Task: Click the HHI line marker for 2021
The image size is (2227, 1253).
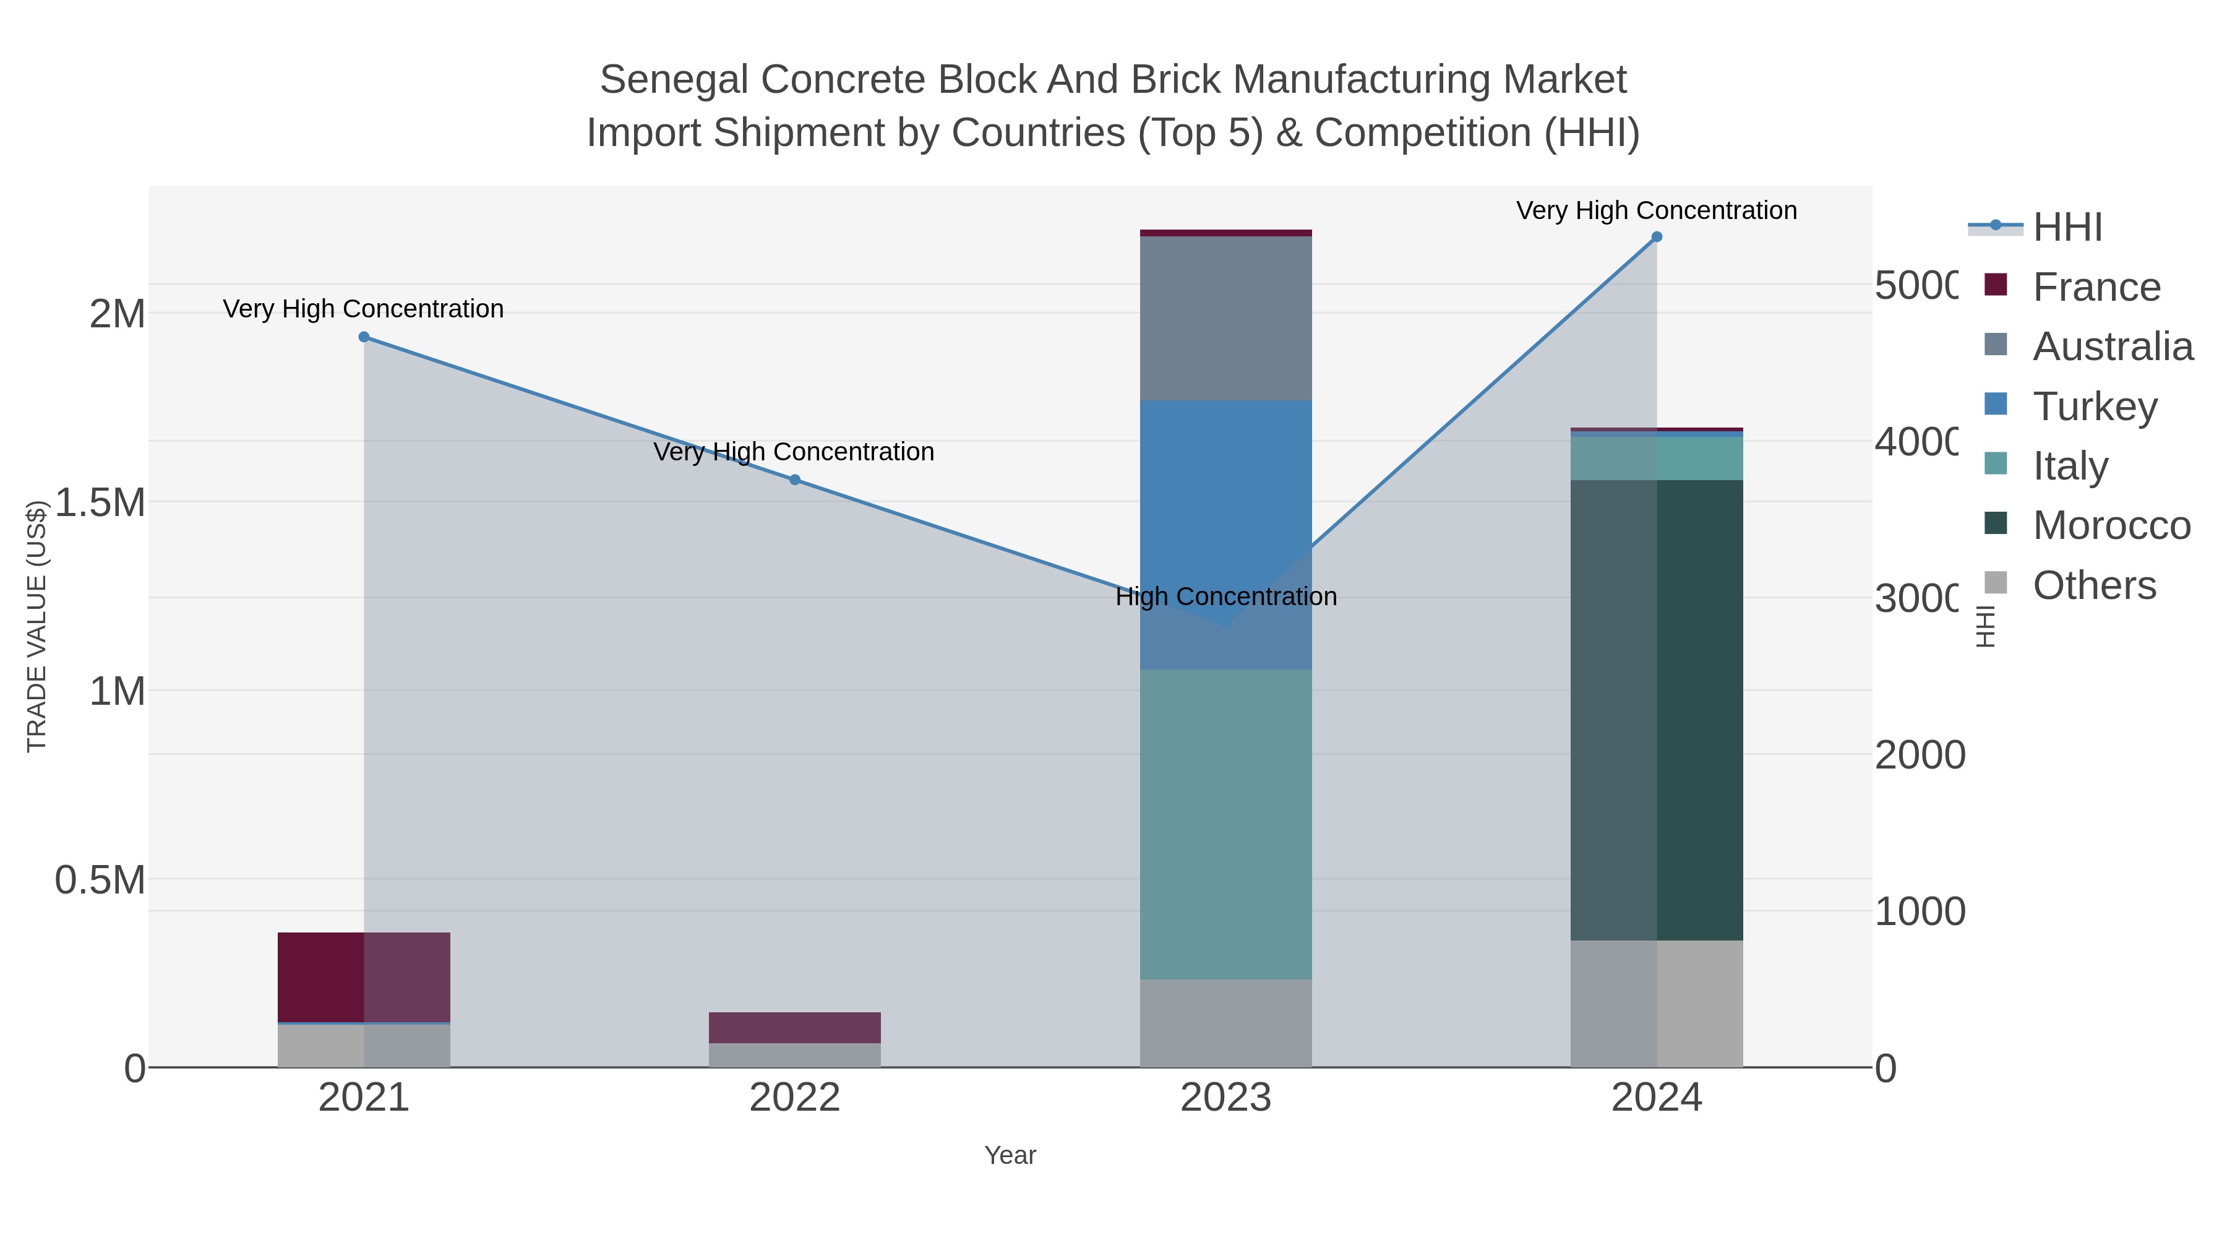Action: click(364, 337)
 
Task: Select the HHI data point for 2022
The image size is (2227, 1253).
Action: click(794, 480)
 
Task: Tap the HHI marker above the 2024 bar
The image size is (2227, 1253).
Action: click(1657, 237)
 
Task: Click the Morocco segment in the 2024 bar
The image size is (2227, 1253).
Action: click(1657, 710)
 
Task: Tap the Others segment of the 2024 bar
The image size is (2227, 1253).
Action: click(1657, 1003)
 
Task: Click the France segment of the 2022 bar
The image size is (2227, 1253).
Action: click(794, 1027)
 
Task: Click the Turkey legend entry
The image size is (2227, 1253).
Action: click(2095, 405)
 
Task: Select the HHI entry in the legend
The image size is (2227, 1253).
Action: click(2067, 226)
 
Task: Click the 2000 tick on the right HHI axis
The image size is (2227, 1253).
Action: click(1919, 755)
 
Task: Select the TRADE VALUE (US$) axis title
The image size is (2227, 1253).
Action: click(36, 626)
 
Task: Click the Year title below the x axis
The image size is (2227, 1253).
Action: click(1010, 1155)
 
